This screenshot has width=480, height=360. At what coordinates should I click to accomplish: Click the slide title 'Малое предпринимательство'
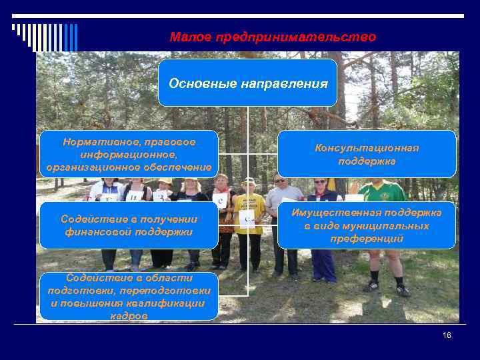pos(273,37)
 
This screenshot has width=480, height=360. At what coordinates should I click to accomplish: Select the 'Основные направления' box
pos(248,83)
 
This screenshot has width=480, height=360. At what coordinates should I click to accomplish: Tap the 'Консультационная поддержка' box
pos(367,154)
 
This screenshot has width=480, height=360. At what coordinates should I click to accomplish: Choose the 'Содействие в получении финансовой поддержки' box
pos(129,225)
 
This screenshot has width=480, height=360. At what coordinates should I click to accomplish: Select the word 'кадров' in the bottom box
pos(129,316)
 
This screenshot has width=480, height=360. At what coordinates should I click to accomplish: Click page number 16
pos(447,335)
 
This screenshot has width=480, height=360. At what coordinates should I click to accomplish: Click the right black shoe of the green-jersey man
pos(403,291)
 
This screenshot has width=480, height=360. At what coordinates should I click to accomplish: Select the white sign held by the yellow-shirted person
pos(247,219)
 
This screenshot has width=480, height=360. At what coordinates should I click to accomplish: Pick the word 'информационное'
pos(129,155)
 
